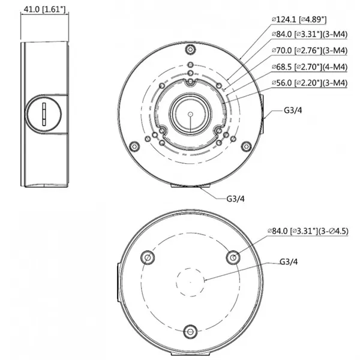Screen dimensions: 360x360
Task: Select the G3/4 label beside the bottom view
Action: (290, 262)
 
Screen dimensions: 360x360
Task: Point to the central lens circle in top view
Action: (190, 112)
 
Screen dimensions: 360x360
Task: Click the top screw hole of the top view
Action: (190, 49)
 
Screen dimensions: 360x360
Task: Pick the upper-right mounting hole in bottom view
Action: (234, 256)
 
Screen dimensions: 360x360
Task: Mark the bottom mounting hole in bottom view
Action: (190, 331)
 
